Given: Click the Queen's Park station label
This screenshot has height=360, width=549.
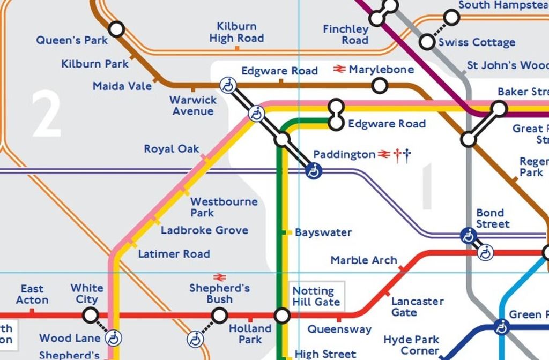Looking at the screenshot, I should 72,40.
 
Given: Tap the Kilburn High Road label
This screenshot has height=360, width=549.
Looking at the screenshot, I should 236,32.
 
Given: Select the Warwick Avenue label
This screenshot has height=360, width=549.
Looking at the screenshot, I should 192,106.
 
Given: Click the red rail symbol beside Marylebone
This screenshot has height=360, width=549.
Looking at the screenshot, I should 339,69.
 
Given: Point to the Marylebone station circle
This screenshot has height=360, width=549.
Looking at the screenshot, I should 380,85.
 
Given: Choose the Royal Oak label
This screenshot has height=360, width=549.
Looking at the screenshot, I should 172,149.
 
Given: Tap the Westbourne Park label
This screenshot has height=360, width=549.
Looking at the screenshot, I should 224,207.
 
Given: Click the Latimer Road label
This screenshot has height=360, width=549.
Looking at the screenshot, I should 174,254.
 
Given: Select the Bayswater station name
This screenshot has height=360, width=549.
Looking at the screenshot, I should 323,232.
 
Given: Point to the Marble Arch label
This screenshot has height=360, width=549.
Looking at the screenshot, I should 363,260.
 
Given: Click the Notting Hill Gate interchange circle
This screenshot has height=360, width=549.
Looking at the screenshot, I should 282,316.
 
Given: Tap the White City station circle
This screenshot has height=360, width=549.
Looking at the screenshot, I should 91,314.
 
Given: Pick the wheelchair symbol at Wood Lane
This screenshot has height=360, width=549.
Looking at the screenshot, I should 114,338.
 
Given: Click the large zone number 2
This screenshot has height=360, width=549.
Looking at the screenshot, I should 46,114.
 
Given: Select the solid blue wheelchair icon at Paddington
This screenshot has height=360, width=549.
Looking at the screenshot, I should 314,171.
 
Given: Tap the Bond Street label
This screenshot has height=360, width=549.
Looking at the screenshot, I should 493,219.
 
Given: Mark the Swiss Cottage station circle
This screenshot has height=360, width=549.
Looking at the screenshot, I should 427,41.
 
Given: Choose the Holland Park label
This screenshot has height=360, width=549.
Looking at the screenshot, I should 250,334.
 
